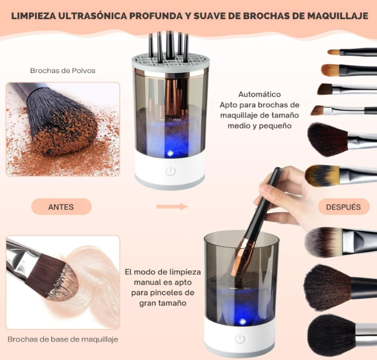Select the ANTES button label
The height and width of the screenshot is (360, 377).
[61, 207]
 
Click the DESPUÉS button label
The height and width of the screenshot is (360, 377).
[343, 207]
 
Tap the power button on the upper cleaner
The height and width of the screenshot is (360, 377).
[171, 171]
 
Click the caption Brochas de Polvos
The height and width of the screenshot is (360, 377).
[63, 71]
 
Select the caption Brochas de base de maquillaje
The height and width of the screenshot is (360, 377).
[63, 339]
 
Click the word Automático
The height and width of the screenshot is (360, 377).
[260, 94]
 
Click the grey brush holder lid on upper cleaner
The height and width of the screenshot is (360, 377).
[170, 61]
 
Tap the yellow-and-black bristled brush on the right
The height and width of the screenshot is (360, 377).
[323, 175]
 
